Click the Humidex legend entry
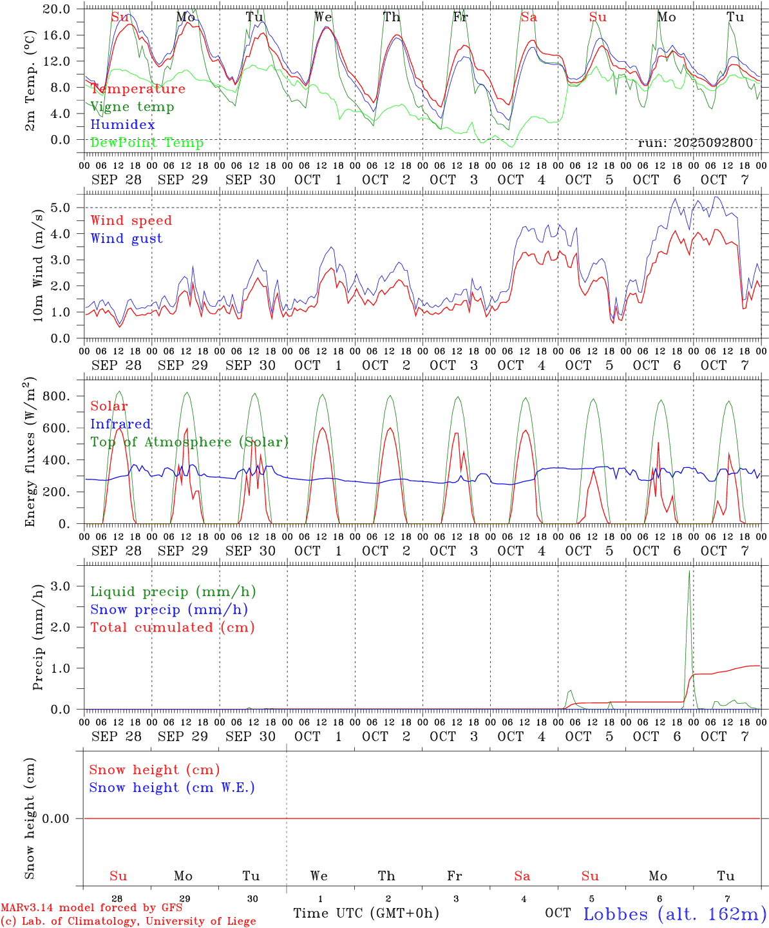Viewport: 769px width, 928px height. click(122, 125)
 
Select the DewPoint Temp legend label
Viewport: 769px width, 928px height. click(147, 143)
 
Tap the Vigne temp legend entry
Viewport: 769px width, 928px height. click(132, 107)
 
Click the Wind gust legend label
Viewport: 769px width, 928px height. click(126, 238)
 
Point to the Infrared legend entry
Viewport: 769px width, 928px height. click(120, 424)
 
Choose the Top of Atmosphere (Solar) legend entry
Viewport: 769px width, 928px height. click(189, 442)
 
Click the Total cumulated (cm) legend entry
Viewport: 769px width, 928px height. click(172, 628)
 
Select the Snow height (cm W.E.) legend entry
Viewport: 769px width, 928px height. click(172, 788)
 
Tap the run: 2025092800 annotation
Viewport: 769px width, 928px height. click(695, 143)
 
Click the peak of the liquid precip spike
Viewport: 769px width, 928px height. click(689, 571)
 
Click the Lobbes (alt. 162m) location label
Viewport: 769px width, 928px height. click(674, 914)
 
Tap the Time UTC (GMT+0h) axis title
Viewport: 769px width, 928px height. click(366, 913)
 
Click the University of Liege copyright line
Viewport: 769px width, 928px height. click(128, 921)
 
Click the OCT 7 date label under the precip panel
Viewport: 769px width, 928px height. click(725, 737)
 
